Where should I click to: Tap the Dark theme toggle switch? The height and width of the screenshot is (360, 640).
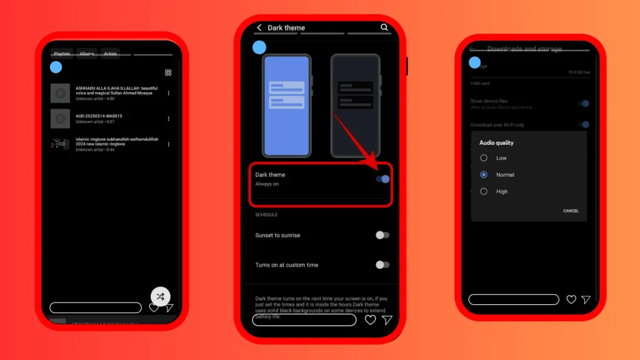(x=382, y=179)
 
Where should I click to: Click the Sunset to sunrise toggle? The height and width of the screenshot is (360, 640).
(x=382, y=235)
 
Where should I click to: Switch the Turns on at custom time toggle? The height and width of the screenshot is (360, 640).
(x=382, y=265)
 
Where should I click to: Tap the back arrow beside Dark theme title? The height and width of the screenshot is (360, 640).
(x=259, y=27)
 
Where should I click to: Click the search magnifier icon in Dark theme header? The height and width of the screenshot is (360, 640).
(x=384, y=27)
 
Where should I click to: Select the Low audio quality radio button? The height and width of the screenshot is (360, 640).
(x=484, y=158)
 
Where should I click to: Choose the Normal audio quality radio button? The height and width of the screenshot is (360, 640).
(x=484, y=175)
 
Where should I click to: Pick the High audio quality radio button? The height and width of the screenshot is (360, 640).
(x=484, y=192)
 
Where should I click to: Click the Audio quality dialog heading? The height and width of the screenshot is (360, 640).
(x=496, y=143)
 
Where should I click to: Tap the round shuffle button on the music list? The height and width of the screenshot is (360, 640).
(x=161, y=296)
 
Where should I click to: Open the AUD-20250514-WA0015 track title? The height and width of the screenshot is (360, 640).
(x=99, y=116)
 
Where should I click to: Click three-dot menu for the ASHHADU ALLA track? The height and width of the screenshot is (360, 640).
(x=168, y=93)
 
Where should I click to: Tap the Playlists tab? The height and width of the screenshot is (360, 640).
(x=62, y=54)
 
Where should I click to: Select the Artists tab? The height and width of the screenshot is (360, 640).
(x=111, y=54)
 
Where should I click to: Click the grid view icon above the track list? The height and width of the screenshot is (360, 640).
(x=168, y=72)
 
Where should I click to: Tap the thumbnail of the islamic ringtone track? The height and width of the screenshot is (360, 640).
(x=60, y=144)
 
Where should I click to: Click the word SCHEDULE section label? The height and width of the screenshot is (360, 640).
(x=266, y=215)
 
